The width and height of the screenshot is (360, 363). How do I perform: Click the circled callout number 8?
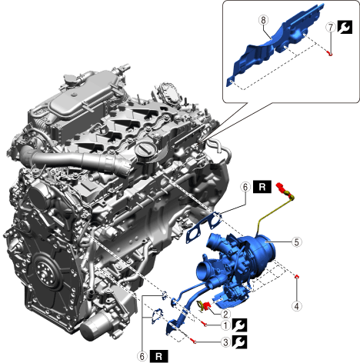point(263,20)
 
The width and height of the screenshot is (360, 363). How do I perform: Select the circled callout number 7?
point(331,27)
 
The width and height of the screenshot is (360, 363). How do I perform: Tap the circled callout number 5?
point(297,241)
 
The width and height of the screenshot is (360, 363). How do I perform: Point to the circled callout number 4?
point(297,306)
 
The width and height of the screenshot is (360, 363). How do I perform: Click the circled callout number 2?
point(225,314)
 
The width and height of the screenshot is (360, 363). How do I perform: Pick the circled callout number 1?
point(225,325)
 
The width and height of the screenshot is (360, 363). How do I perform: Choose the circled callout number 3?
point(225,342)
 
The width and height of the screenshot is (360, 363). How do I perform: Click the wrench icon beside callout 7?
point(345,27)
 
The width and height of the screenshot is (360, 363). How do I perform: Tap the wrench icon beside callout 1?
point(240,325)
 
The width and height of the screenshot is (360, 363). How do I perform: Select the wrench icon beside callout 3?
point(240,342)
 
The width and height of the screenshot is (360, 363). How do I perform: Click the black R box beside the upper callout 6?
point(262,187)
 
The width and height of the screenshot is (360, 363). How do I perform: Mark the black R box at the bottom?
point(159,356)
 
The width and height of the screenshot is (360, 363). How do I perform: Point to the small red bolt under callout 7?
point(330,53)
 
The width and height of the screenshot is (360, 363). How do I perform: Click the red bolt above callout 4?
point(297,276)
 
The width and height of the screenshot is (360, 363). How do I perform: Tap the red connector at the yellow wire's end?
point(282,188)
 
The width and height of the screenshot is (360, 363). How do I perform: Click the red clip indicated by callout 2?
point(207,305)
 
